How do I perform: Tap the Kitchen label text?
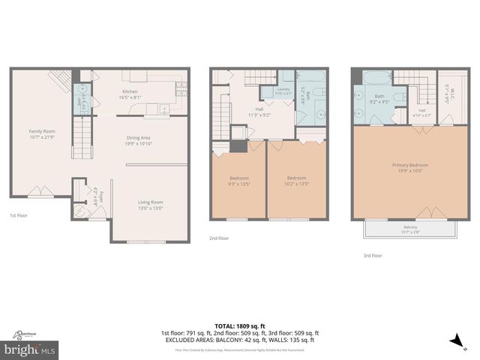tap(130, 93)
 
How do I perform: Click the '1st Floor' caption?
tap(19, 215)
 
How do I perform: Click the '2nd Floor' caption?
tap(220, 238)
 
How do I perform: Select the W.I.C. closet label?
tap(448, 94)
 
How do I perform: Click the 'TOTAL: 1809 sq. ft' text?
tap(239, 325)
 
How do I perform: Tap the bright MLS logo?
tap(30, 349)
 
